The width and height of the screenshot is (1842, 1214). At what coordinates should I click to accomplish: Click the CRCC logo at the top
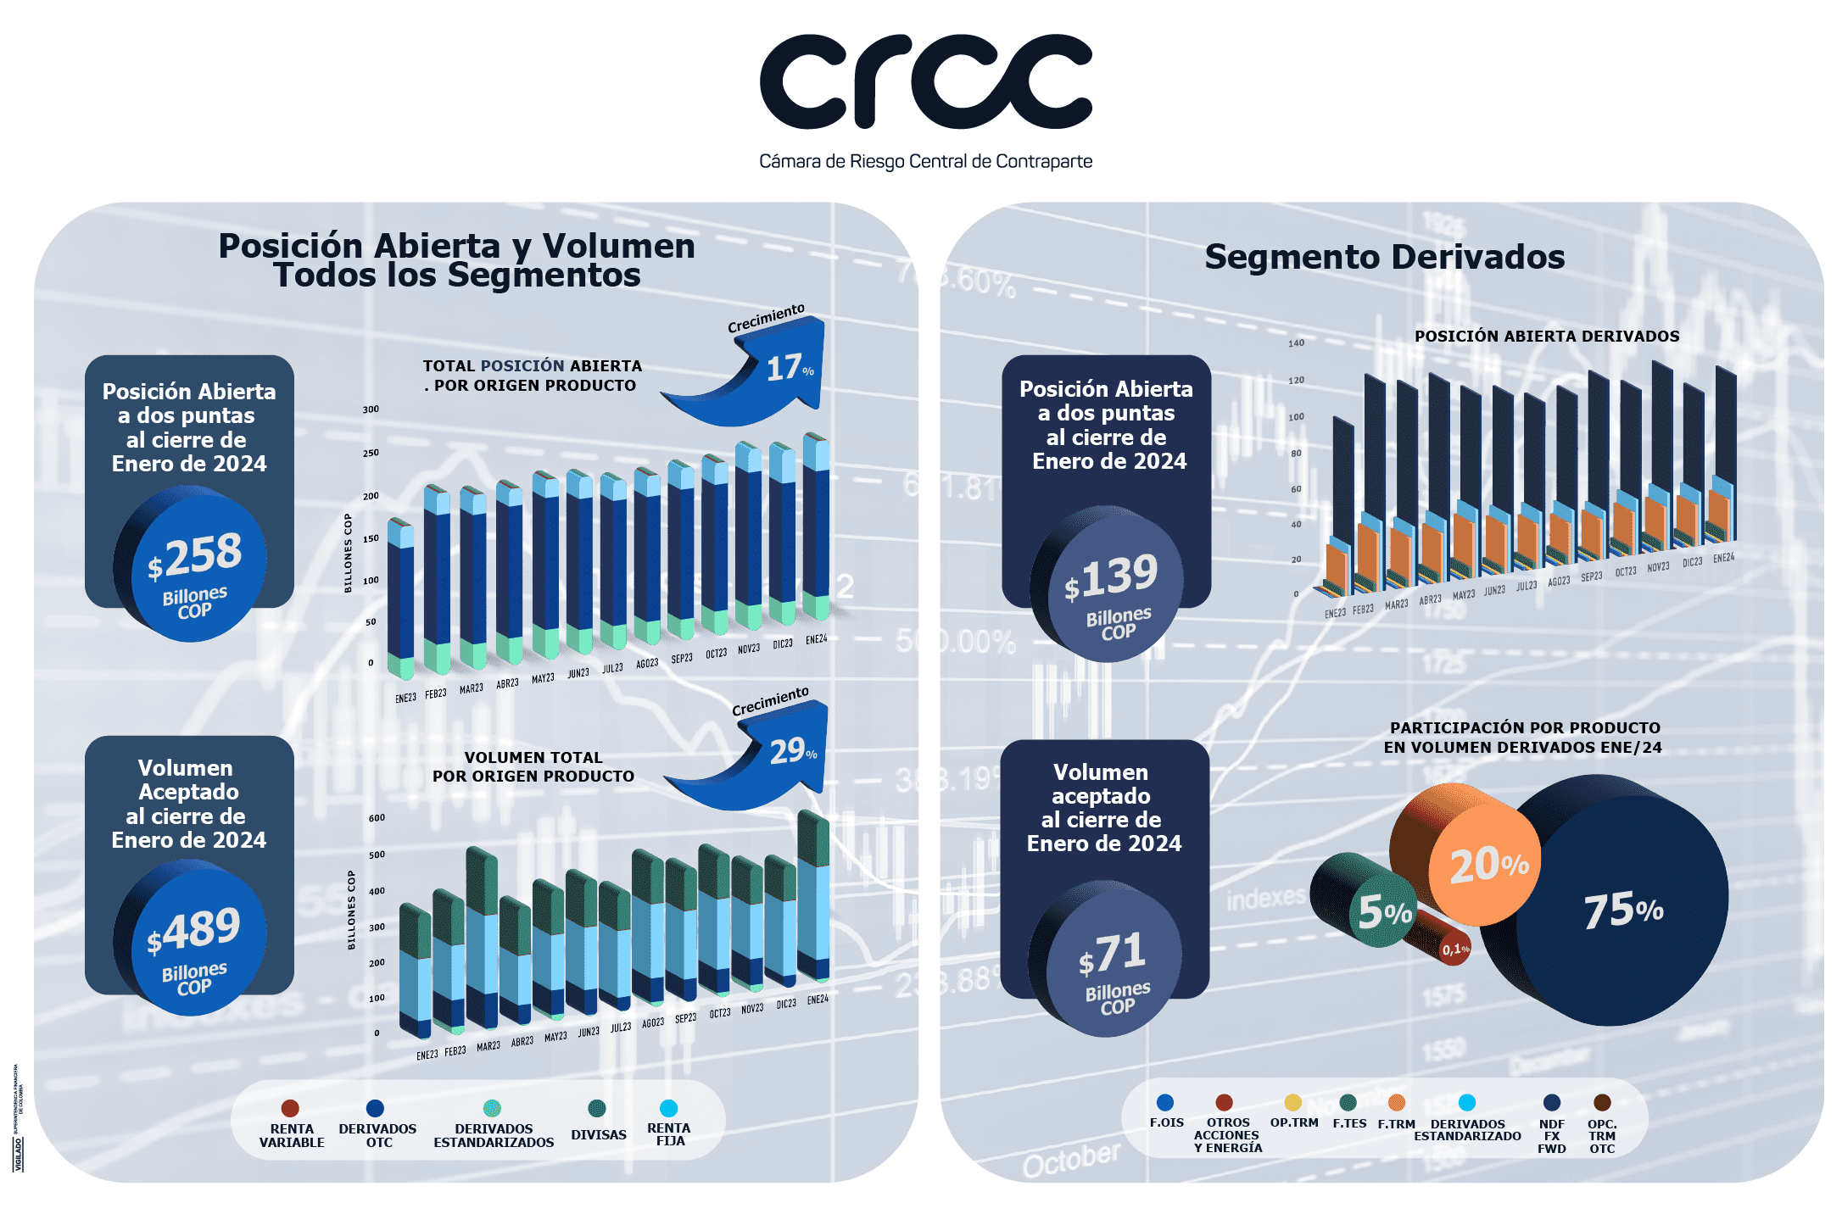point(925,83)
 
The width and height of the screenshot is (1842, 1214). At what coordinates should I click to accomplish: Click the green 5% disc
point(1382,912)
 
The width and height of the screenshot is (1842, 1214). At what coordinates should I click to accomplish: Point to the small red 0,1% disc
point(1454,949)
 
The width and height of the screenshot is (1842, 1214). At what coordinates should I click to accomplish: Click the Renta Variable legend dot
point(290,1108)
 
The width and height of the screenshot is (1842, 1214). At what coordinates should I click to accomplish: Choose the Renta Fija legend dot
point(668,1108)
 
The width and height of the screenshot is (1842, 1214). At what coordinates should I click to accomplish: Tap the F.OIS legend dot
point(1165,1102)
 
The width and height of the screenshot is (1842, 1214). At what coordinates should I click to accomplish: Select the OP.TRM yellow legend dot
point(1292,1102)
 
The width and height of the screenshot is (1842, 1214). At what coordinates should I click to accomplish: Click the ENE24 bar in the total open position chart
point(816,526)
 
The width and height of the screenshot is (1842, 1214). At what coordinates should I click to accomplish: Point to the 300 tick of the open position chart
point(371,409)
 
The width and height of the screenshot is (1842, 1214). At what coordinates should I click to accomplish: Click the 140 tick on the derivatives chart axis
point(1296,343)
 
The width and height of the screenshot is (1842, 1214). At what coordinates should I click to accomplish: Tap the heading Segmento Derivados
point(1384,257)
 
